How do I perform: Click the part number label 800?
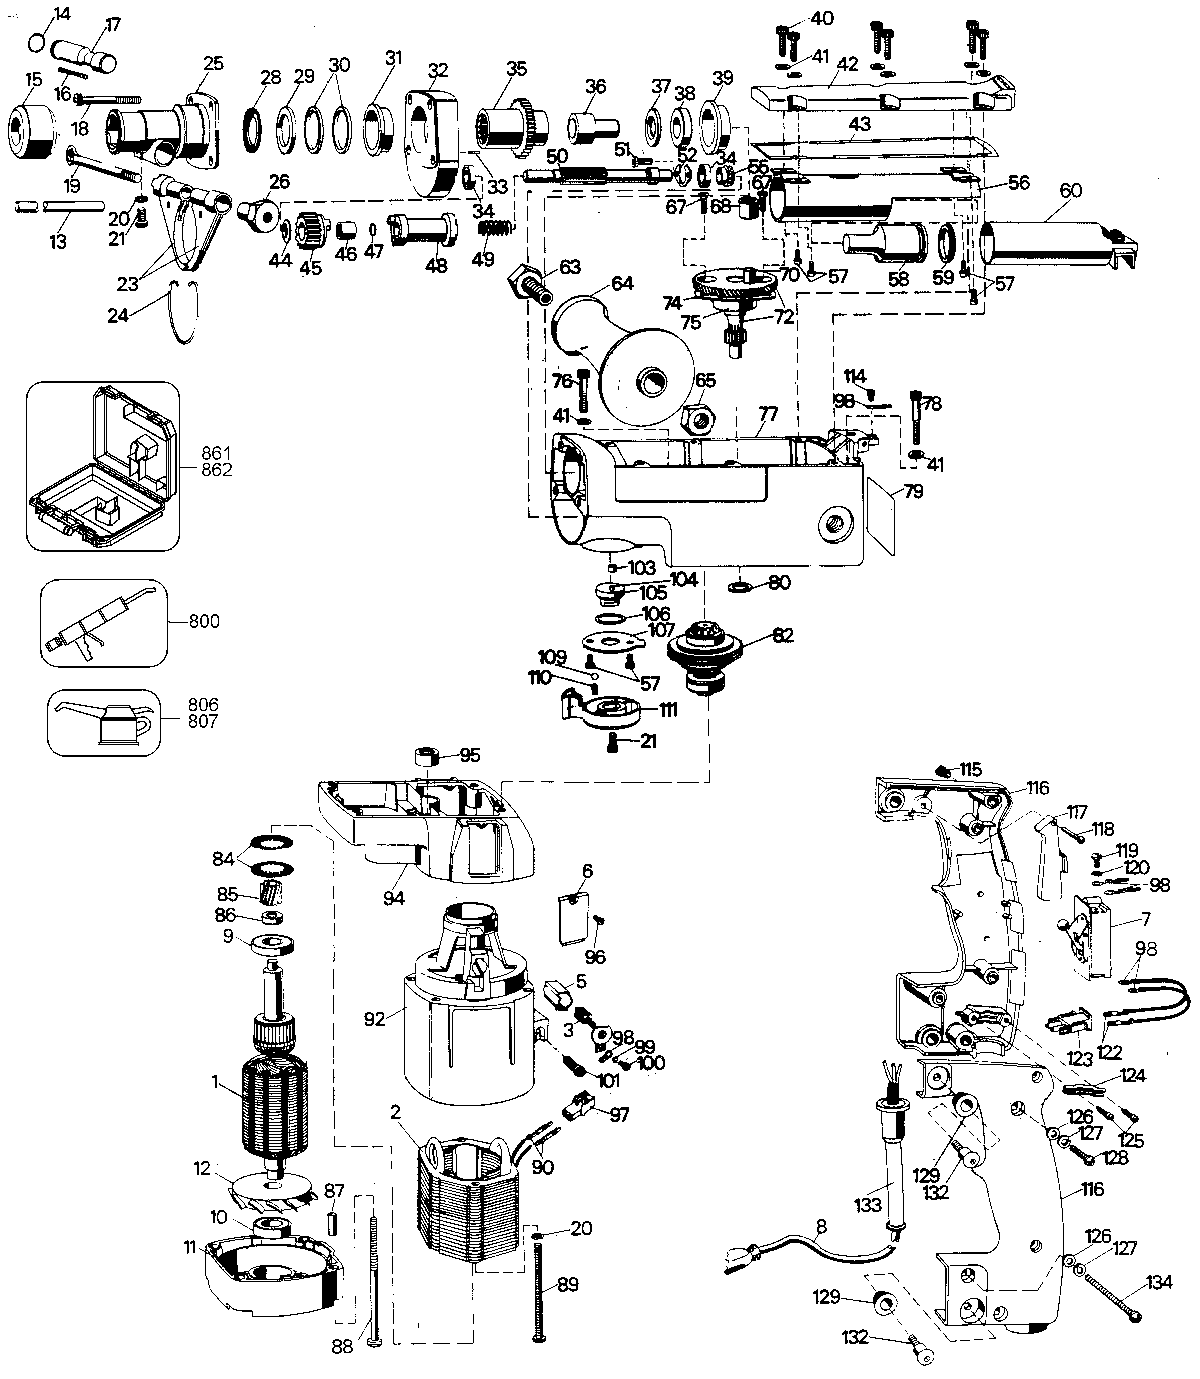pyautogui.click(x=204, y=621)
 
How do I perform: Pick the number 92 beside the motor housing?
pyautogui.click(x=375, y=1019)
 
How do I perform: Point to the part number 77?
pyautogui.click(x=769, y=414)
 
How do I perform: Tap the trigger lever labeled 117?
pyautogui.click(x=1049, y=857)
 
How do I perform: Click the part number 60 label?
pyautogui.click(x=1071, y=191)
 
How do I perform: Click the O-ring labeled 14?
pyautogui.click(x=38, y=42)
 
